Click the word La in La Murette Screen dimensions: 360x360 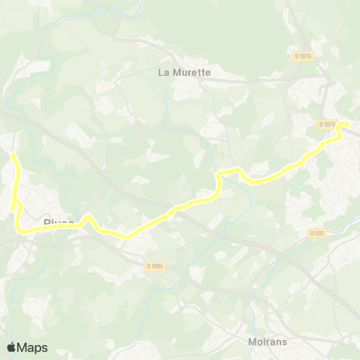click(164, 73)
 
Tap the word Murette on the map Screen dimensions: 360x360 click(192, 73)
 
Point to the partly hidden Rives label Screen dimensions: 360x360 click(58, 223)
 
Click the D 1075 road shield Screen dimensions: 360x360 click(326, 124)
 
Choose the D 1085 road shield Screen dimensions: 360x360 click(154, 265)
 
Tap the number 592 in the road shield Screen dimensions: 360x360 click(319, 232)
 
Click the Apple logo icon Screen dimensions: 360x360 click(11, 347)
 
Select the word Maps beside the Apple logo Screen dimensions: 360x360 click(32, 347)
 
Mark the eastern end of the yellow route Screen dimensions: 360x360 click(349, 124)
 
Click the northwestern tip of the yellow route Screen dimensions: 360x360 click(12, 154)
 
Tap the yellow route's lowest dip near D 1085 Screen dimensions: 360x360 click(127, 237)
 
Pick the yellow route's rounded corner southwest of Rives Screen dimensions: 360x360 click(21, 229)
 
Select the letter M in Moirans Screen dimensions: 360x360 click(252, 342)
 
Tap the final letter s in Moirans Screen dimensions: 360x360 click(286, 342)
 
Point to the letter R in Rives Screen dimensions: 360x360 click(47, 223)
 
